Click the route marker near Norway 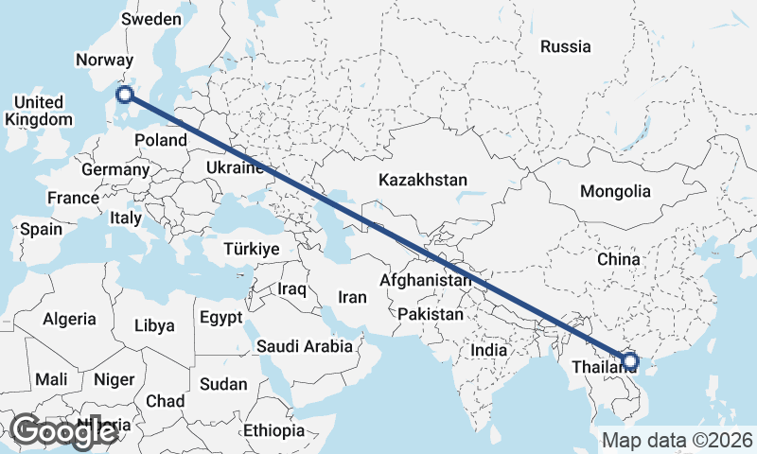click(x=124, y=93)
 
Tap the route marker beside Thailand click(x=630, y=360)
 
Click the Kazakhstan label click(x=423, y=179)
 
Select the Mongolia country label click(x=615, y=191)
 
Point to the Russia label click(x=565, y=46)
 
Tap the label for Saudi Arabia click(x=304, y=346)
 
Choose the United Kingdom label click(x=38, y=111)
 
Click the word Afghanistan click(x=425, y=281)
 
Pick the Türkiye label click(x=251, y=249)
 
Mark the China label click(x=619, y=258)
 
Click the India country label click(x=489, y=350)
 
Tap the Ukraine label click(x=233, y=168)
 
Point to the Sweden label click(x=150, y=19)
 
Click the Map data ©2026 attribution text click(x=677, y=440)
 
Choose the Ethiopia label click(x=273, y=430)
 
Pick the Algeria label click(x=69, y=320)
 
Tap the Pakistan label click(x=431, y=314)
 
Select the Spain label click(x=41, y=229)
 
